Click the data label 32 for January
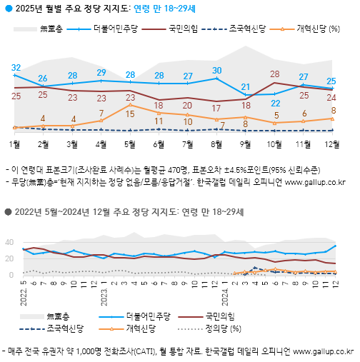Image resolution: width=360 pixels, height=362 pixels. click(x=15, y=68)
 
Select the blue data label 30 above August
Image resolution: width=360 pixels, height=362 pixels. click(x=217, y=71)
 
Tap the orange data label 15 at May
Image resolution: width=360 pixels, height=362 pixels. click(x=130, y=106)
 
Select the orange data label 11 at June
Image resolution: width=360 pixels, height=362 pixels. click(x=159, y=122)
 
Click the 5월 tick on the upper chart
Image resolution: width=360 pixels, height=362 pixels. click(x=130, y=144)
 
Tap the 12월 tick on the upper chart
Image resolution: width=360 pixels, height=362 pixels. click(x=332, y=144)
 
